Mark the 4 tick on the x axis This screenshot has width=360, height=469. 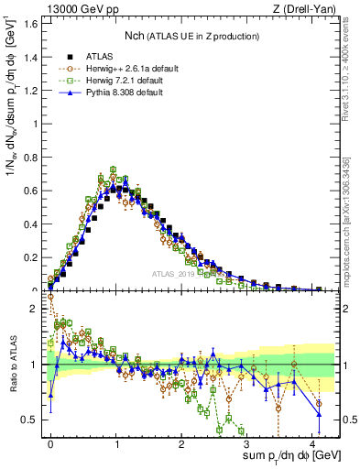pos(312,442)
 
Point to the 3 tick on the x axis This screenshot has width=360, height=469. pos(247,442)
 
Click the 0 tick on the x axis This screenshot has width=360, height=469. pos(51,442)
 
